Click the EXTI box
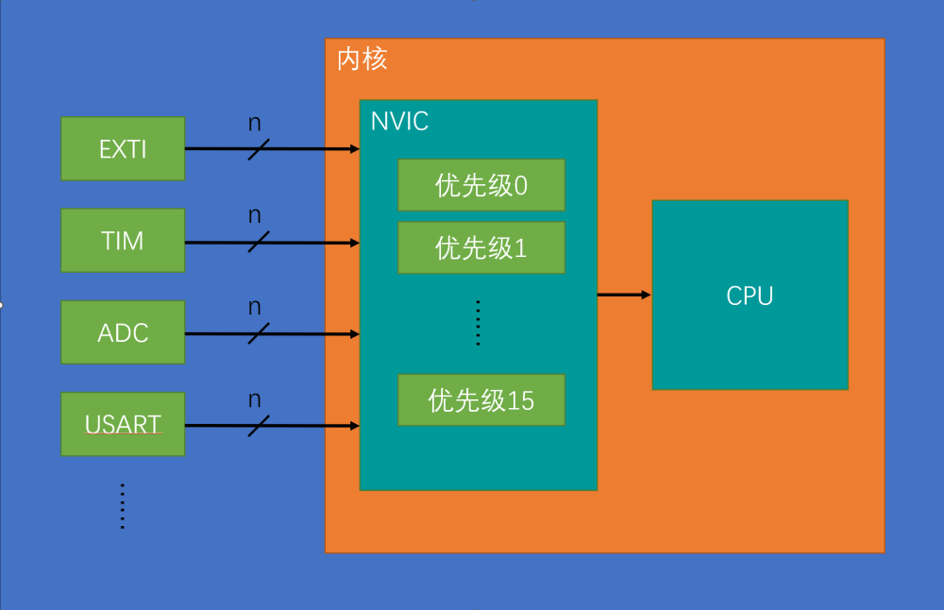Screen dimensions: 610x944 [123, 149]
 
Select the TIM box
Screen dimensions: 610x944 [123, 241]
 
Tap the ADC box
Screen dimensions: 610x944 [123, 332]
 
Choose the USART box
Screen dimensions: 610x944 [123, 425]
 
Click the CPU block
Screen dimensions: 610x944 [750, 295]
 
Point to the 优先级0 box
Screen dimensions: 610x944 [481, 185]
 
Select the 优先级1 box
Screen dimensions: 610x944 [481, 247]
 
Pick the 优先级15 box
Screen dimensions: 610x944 [481, 400]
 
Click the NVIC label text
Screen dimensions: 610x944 [399, 121]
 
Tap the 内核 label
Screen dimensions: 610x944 [362, 59]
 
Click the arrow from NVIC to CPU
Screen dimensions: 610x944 [624, 295]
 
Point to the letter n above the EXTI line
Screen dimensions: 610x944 [255, 123]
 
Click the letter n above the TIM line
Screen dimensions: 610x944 [255, 215]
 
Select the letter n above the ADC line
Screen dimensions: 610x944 [255, 307]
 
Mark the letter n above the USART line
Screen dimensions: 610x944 [255, 398]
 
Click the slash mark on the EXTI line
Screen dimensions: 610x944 [259, 149]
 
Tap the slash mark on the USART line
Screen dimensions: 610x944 [259, 426]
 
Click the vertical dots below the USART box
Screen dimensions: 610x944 [123, 506]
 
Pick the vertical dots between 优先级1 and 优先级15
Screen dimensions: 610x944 [479, 324]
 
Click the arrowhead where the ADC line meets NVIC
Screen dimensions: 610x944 [355, 333]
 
